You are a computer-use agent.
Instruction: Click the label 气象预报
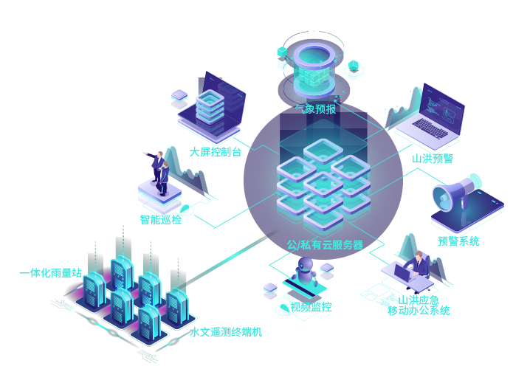click(315, 109)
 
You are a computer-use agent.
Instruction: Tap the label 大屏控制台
click(216, 152)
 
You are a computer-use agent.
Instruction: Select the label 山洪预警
click(433, 158)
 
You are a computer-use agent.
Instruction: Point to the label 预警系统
click(458, 241)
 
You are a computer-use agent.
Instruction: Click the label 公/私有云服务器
click(325, 244)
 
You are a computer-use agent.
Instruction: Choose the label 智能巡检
click(161, 219)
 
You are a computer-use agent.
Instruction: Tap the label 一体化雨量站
click(50, 273)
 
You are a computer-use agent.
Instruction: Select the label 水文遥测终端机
click(225, 332)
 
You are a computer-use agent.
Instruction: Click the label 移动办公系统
click(419, 311)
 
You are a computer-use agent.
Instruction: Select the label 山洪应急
click(424, 299)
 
